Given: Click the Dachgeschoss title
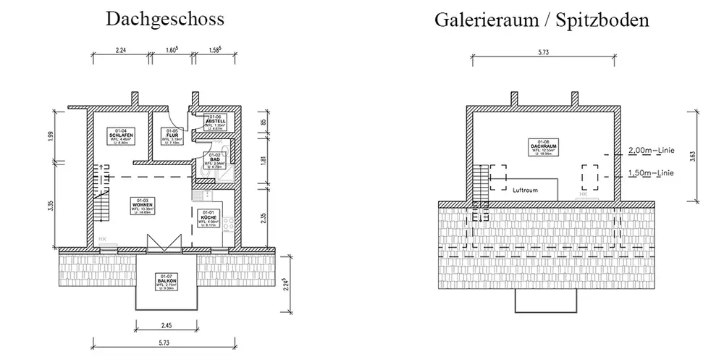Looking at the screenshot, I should tap(164, 20).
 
